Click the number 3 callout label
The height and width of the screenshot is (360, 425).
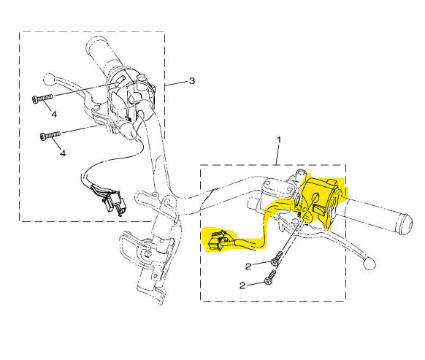(192, 80)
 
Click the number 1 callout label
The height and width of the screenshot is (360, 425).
(279, 140)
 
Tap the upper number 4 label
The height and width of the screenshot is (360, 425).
(54, 114)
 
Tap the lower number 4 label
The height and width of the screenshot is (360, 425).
(63, 153)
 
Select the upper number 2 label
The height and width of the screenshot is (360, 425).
(248, 267)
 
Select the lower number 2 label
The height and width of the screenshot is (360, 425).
(242, 286)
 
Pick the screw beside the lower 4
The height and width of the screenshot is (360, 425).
(50, 135)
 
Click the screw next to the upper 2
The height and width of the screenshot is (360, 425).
(277, 258)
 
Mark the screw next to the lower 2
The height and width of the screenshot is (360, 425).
(270, 277)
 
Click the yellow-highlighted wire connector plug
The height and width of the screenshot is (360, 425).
(218, 240)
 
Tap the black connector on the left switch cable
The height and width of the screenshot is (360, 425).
(112, 203)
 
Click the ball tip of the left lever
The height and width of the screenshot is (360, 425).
(49, 80)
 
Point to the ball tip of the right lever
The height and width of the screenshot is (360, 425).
(370, 263)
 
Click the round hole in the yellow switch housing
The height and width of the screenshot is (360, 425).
(316, 197)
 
